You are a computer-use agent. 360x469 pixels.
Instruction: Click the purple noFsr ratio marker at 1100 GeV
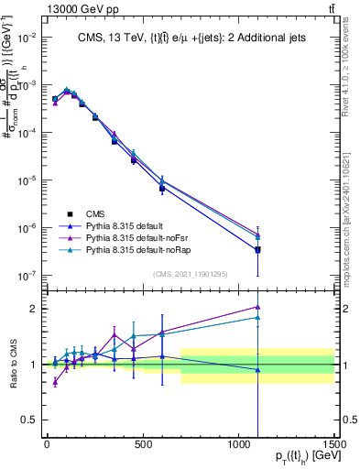(x=258, y=308)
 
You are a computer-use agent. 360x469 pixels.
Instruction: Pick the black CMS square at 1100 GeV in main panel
(x=258, y=249)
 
